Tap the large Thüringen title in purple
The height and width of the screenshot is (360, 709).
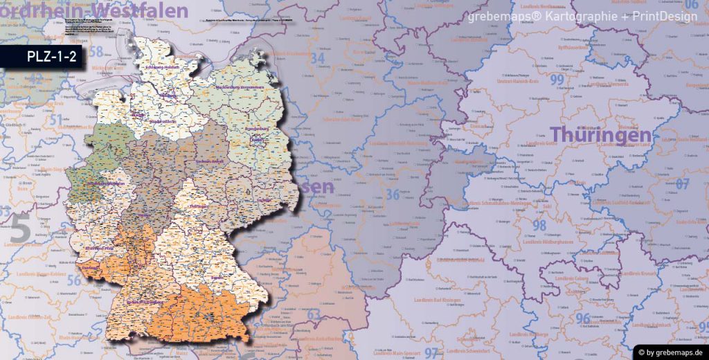[x=600, y=136]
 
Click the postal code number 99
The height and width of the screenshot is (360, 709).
[x=557, y=80]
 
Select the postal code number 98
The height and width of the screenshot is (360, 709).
[x=539, y=225]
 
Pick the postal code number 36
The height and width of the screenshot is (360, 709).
[x=393, y=195]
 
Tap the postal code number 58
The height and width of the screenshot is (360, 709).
[x=96, y=52]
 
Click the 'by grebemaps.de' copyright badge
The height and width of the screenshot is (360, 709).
[x=670, y=351]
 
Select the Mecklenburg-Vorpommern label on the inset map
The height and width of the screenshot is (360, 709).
[x=240, y=88]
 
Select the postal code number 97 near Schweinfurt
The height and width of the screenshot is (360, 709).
[x=431, y=353]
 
